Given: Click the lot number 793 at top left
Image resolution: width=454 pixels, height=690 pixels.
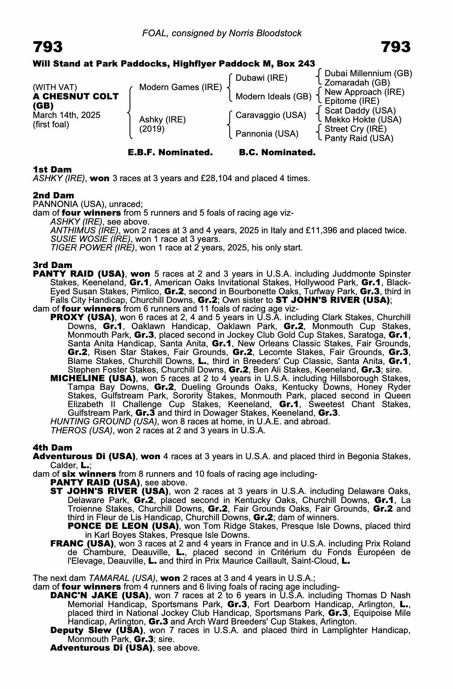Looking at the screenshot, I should tap(48, 47).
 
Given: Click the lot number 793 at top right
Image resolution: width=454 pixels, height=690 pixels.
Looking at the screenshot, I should tap(396, 47).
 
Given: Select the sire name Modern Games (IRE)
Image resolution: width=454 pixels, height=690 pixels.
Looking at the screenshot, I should tap(180, 87).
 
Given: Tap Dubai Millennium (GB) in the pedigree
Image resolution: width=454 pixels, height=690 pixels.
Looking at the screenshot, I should tap(368, 73).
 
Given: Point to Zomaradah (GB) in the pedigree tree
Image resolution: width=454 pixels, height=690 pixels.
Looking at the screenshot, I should tap(357, 83).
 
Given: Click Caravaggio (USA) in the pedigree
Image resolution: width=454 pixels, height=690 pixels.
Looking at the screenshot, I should tap(271, 115).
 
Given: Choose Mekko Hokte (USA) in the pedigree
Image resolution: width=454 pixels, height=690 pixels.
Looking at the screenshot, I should tap(363, 120).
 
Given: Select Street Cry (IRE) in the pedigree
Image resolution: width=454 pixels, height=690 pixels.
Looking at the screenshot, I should tap(356, 129).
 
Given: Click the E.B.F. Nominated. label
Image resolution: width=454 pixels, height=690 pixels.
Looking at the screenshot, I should tap(170, 152).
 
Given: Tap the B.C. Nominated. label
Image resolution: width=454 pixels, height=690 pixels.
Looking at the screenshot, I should tap(277, 152).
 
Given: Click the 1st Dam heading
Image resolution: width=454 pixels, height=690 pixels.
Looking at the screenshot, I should tap(52, 169).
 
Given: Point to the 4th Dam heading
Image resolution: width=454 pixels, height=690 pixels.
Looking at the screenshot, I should tap(53, 448).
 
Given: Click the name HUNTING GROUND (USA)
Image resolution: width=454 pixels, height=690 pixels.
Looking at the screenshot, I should tap(104, 422).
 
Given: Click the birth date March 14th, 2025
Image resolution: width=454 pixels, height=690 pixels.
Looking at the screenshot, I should tap(67, 115).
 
